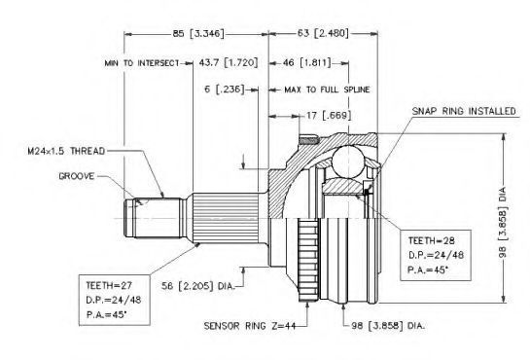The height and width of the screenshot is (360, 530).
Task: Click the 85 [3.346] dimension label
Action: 198,33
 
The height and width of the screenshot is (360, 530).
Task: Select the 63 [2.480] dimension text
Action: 323,33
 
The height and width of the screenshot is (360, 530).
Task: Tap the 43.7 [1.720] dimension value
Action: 229,62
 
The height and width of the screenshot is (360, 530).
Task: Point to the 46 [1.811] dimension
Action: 307,62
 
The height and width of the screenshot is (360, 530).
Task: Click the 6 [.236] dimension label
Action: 224,90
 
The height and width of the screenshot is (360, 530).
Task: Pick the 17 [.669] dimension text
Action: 329,116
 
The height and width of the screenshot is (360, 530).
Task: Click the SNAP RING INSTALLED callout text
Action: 464,111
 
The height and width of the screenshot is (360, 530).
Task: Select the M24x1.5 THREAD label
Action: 66,151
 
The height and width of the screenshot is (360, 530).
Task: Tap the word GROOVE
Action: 77,176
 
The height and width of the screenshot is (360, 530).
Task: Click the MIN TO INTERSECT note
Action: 142,63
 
